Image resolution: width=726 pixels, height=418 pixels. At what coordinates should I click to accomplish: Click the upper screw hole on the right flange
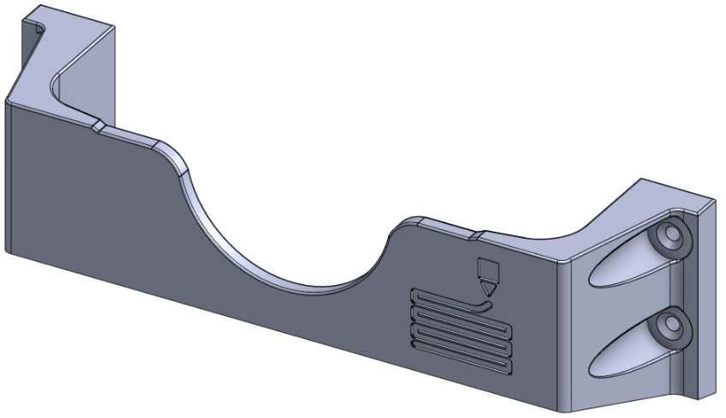pos(670,234)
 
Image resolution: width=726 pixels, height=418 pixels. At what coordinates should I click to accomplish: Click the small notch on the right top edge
pos(477,232)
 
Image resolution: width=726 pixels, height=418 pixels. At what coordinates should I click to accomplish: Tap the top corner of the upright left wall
pos(115,23)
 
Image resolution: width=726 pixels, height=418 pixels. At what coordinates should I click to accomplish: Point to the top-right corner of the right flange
pos(715,203)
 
